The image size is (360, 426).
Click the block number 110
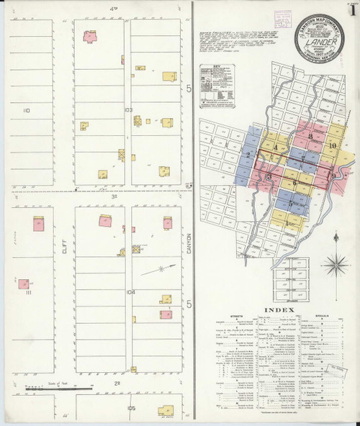[x=27, y=110]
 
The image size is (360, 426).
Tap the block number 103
[x=129, y=110]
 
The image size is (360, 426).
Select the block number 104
[x=130, y=292]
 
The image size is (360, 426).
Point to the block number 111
[x=29, y=294]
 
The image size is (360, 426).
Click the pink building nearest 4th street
[x=90, y=35]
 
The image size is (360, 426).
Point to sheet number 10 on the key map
[x=333, y=146]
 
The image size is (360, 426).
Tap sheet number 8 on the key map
[x=310, y=137]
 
